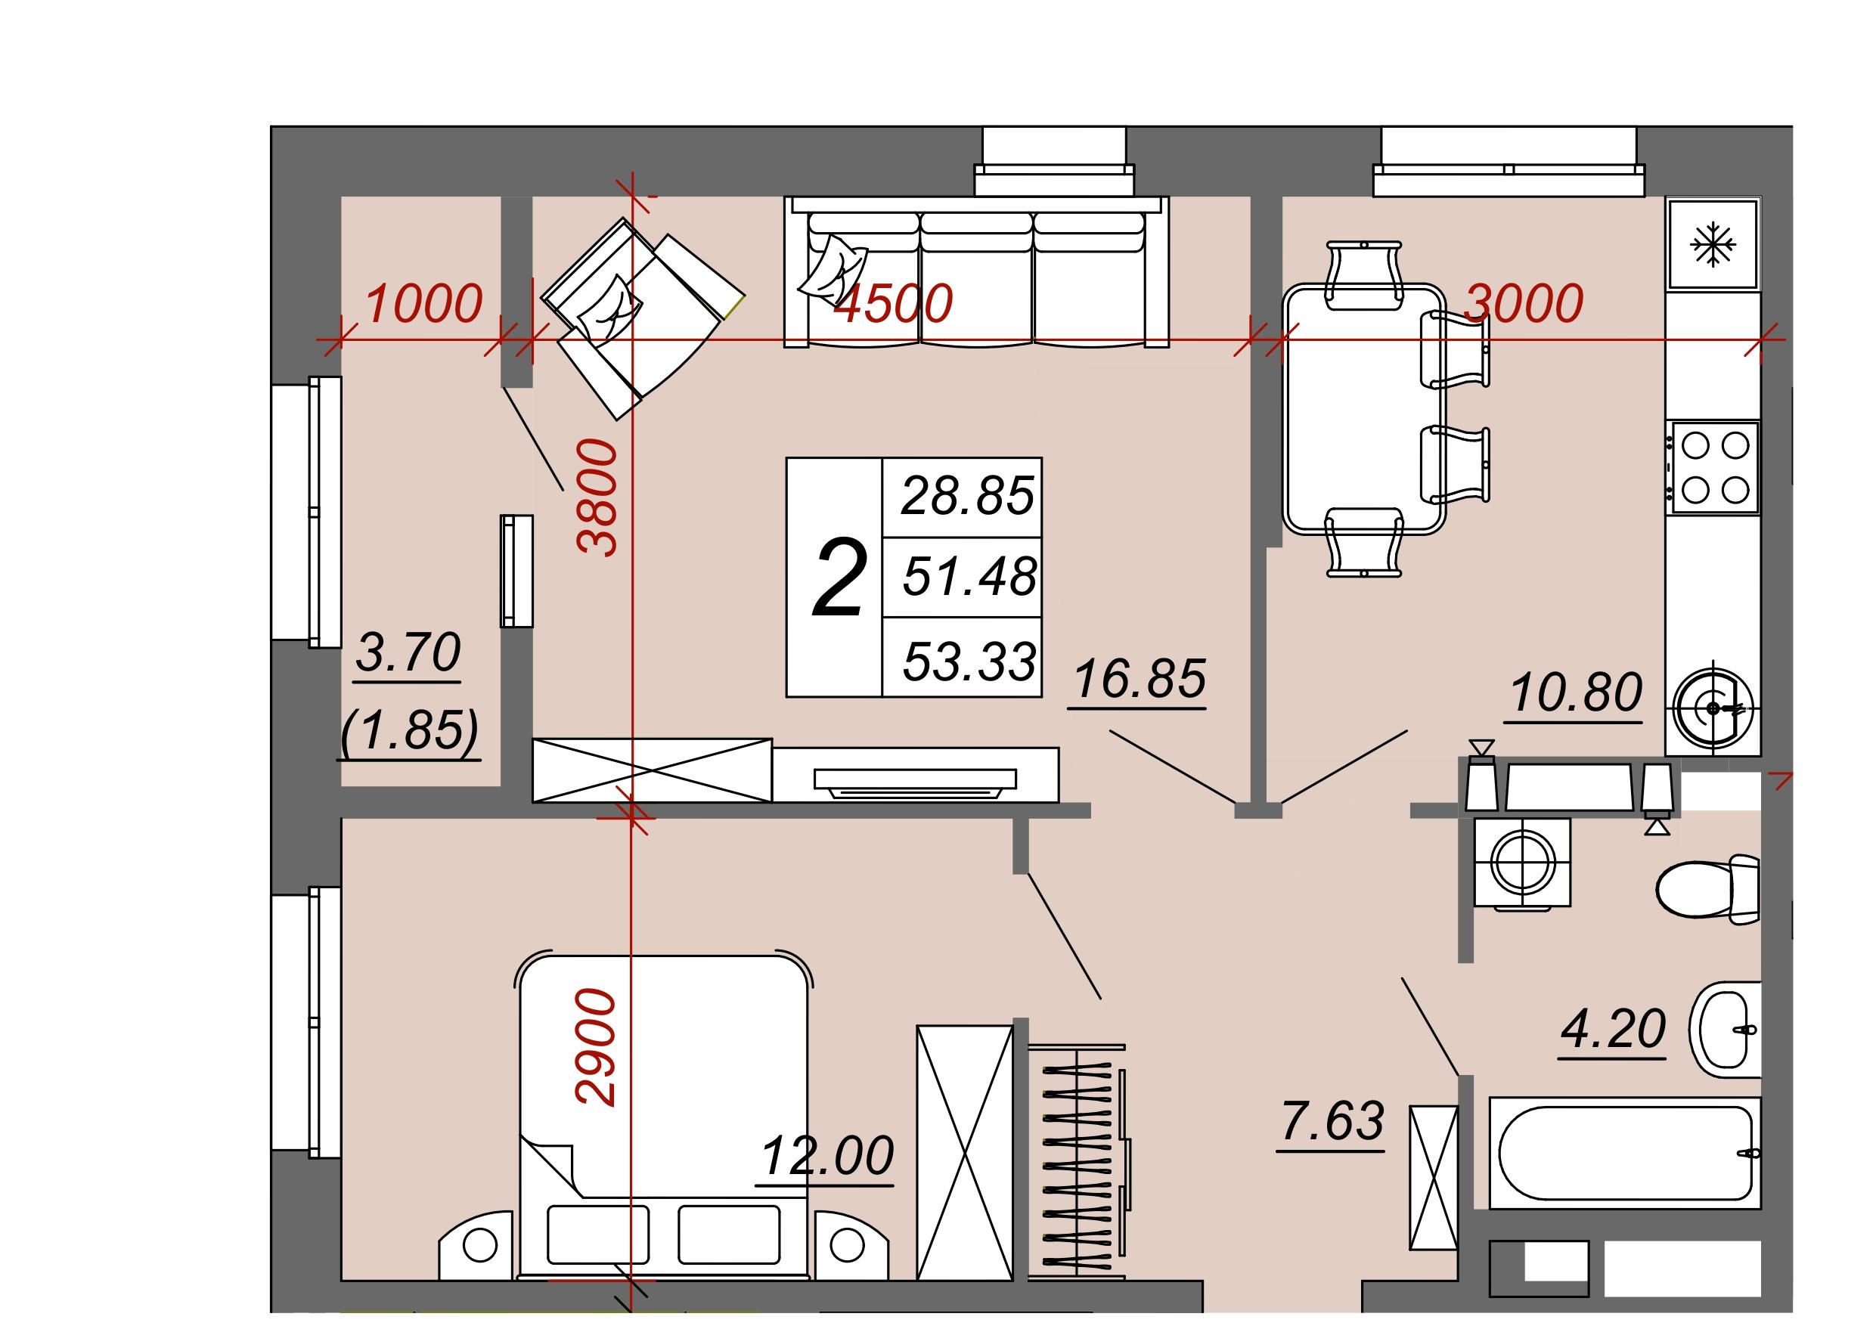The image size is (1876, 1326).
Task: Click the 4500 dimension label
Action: pyautogui.click(x=892, y=303)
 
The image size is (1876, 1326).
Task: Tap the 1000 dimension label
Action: pyautogui.click(x=423, y=303)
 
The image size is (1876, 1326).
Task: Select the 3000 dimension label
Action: pyautogui.click(x=1524, y=303)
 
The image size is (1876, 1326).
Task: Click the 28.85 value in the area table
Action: pyautogui.click(x=968, y=495)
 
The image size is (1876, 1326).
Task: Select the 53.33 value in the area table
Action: pyautogui.click(x=970, y=661)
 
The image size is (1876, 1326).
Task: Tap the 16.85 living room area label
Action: pyautogui.click(x=1139, y=679)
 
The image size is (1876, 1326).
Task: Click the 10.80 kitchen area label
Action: pyautogui.click(x=1576, y=692)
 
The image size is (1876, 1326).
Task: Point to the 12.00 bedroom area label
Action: pyautogui.click(x=828, y=1156)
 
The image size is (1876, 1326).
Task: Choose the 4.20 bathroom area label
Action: pyautogui.click(x=1613, y=1029)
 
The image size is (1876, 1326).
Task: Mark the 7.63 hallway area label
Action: pyautogui.click(x=1333, y=1120)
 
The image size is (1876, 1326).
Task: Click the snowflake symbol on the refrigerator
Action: pyautogui.click(x=1713, y=245)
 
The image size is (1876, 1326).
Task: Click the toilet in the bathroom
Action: pyautogui.click(x=1707, y=890)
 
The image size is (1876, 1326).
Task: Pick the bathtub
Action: pyautogui.click(x=1624, y=1153)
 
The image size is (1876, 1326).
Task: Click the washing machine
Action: pyautogui.click(x=1524, y=863)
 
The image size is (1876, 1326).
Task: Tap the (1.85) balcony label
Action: pyautogui.click(x=409, y=731)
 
